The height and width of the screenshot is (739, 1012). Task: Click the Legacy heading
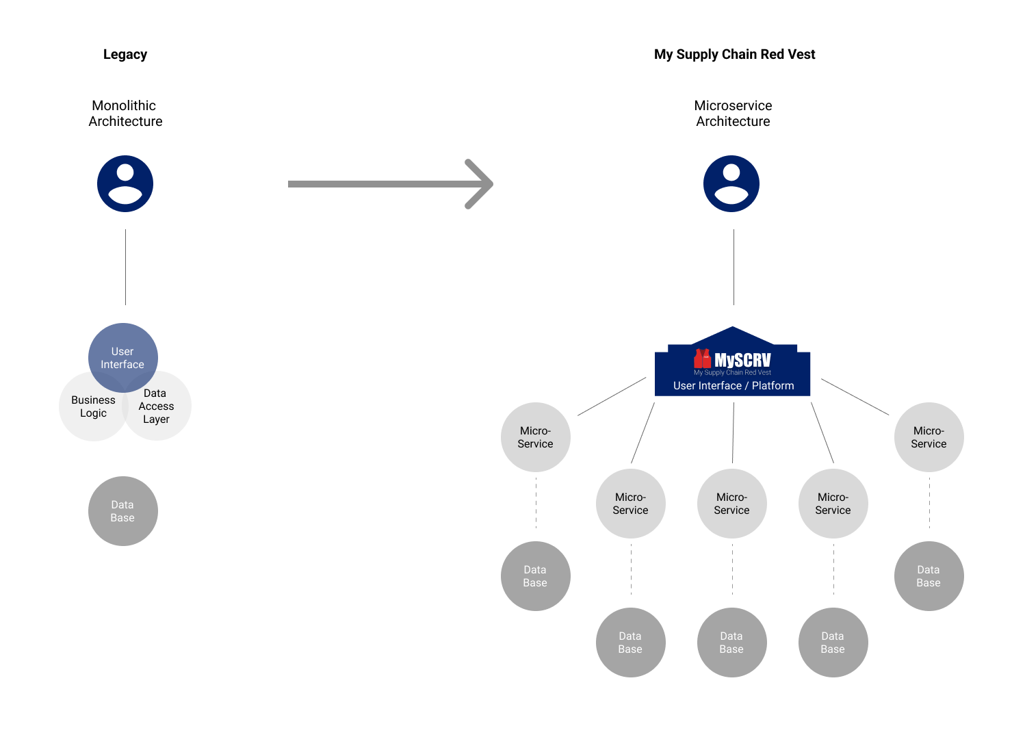125,55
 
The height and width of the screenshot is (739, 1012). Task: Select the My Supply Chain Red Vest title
734,55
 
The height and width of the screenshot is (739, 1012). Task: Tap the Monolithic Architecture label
125,114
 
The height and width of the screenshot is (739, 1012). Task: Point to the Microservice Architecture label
733,114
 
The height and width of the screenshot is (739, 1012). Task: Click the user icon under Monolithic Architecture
125,183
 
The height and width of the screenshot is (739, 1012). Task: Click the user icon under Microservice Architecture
731,183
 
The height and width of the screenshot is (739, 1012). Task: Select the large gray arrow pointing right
390,183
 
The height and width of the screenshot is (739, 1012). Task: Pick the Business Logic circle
89,411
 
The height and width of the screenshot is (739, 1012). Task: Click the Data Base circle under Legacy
123,511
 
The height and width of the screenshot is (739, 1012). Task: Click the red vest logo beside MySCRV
702,359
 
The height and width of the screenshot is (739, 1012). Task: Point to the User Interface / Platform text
734,386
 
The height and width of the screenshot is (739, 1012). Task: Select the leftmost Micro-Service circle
536,437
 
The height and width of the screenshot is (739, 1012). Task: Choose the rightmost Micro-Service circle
929,437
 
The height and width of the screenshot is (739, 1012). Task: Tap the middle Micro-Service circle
731,504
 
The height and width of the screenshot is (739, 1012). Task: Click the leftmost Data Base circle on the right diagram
536,576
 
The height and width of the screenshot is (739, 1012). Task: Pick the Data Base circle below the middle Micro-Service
731,643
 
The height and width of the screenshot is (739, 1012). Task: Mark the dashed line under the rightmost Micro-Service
929,504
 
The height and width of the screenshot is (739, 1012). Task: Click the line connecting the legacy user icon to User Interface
125,267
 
